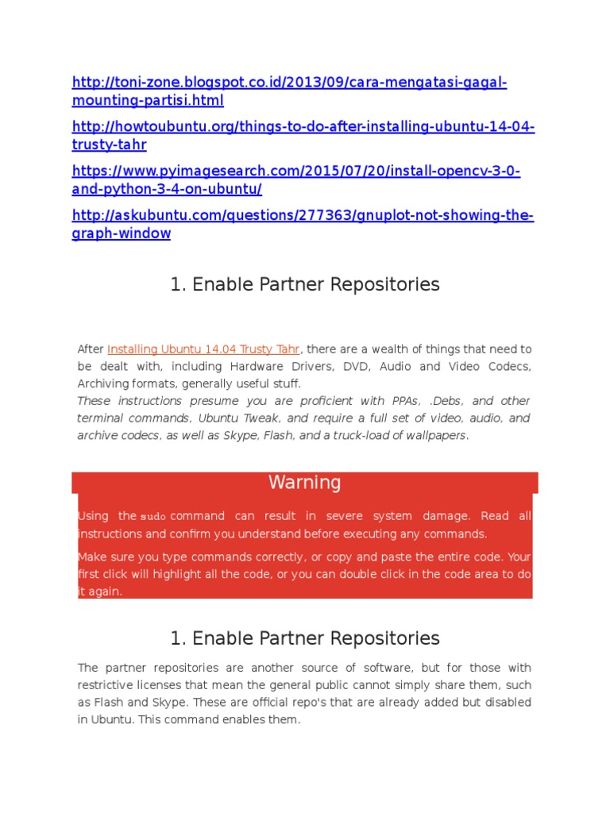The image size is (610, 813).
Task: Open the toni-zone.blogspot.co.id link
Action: coord(289,83)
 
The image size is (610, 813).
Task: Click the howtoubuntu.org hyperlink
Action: coord(303,127)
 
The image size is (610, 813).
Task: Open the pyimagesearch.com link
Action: coord(296,171)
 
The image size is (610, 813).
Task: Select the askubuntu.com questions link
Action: coord(303,216)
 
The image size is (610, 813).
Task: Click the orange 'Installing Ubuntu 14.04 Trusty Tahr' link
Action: coord(203,349)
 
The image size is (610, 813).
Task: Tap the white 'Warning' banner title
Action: coord(305,483)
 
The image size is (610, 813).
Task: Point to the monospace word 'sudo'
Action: coord(153,517)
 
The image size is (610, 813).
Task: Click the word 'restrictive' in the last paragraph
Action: coord(109,685)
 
